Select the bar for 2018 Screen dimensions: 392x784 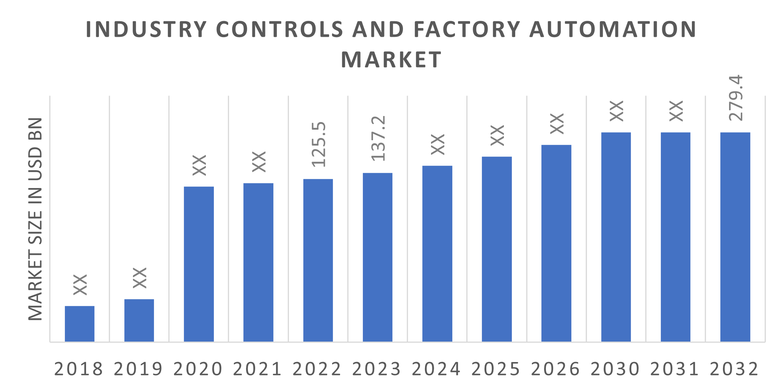80,324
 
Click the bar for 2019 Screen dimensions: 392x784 139,320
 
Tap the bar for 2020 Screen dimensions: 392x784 199,264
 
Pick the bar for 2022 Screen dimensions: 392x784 318,260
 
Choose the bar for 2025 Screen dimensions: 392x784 497,249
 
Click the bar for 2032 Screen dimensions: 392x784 735,237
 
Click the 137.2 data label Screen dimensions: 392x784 378,138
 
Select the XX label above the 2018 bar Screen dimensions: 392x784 80,285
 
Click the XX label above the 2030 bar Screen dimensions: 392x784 616,111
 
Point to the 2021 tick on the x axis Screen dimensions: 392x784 258,369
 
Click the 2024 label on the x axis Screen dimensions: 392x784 436,369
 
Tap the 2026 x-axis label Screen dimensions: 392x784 555,369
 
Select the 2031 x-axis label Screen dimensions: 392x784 675,369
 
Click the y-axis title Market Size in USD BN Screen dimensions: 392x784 36,219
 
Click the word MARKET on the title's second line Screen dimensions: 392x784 391,60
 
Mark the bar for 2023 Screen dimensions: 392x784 378,257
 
